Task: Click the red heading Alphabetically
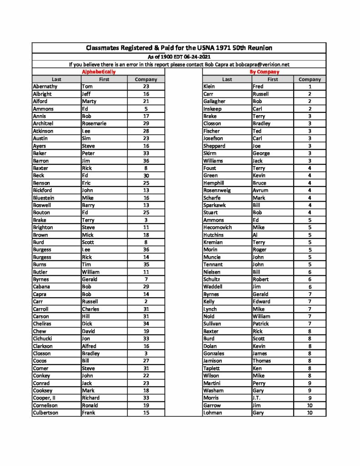pyautogui.click(x=99, y=72)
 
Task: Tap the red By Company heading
pyautogui.click(x=264, y=72)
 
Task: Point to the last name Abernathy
pyautogui.click(x=45, y=86)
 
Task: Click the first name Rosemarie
pyautogui.click(x=94, y=123)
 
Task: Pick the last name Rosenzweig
pyautogui.click(x=217, y=190)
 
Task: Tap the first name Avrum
pyautogui.click(x=260, y=190)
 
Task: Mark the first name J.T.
pyautogui.click(x=258, y=398)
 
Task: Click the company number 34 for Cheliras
pyautogui.click(x=146, y=324)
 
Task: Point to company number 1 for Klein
pyautogui.click(x=309, y=86)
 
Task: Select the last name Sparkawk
pyautogui.click(x=215, y=205)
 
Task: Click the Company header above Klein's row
pyautogui.click(x=309, y=79)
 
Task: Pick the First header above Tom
pyautogui.click(x=104, y=79)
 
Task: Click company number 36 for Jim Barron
pyautogui.click(x=146, y=161)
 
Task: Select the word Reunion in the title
pyautogui.click(x=257, y=48)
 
